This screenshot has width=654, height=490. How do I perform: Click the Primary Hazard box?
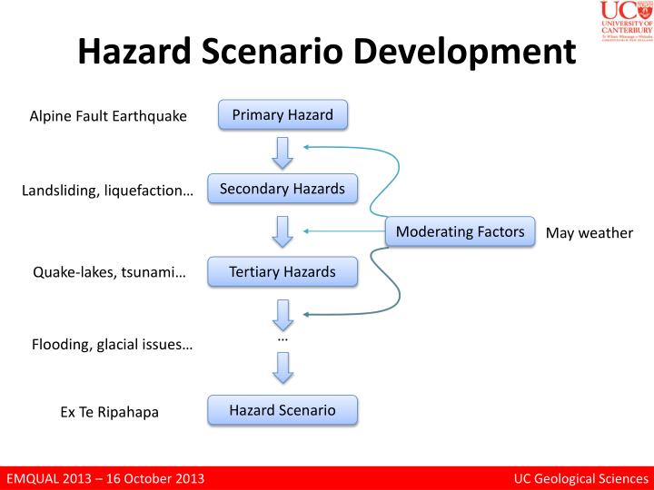pos(282,115)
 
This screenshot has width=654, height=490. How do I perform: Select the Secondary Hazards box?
pos(282,189)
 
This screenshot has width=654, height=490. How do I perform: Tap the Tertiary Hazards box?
pos(282,271)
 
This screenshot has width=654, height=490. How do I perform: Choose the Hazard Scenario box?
pos(282,410)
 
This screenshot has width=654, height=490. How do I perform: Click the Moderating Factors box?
pos(461,231)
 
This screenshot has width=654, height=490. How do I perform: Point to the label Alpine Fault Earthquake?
pos(108,116)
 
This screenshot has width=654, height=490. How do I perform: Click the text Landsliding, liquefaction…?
pos(108,191)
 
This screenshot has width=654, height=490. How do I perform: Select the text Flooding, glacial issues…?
pos(113,344)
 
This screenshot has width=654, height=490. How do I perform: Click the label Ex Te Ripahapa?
pos(109,412)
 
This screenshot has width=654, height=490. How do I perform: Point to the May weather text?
pos(589,233)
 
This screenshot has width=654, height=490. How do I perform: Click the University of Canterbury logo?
pos(625,22)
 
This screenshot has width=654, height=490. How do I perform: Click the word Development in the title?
pos(465,53)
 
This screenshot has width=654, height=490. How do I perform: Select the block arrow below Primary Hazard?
pos(282,152)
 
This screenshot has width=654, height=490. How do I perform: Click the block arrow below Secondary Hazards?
pos(282,230)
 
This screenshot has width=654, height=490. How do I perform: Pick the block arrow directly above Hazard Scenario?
pos(282,367)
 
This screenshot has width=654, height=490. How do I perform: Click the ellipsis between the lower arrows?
pos(282,338)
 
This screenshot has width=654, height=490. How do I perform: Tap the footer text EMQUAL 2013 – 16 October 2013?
pos(105,478)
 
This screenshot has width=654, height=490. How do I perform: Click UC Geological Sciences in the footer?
pos(580,478)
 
